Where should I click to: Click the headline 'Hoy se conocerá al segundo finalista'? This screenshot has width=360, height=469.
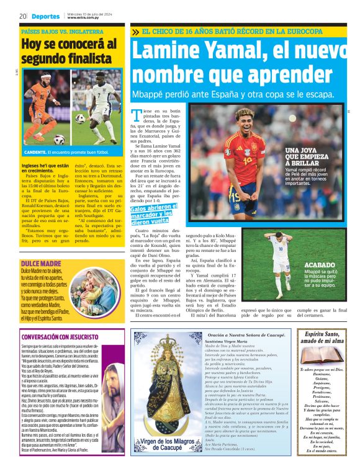click(68, 51)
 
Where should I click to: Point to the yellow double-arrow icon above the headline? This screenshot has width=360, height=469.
click(135, 31)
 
